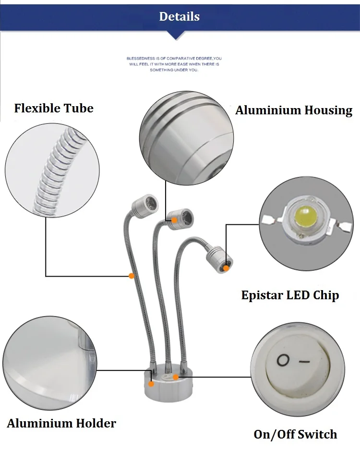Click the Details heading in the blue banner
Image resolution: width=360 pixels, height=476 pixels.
[x=179, y=16]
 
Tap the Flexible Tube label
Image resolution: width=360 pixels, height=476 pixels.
[x=54, y=108]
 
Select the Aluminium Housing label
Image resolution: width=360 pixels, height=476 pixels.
[x=294, y=110]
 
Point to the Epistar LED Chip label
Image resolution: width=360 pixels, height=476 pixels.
[x=290, y=295]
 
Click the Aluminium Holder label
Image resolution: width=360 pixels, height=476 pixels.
[x=61, y=423]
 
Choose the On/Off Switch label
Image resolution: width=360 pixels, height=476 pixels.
[x=295, y=434]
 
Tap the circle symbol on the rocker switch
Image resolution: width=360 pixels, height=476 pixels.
[x=283, y=360]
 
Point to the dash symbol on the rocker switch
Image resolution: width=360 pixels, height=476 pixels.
[x=304, y=362]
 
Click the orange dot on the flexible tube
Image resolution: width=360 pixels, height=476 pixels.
[x=132, y=276]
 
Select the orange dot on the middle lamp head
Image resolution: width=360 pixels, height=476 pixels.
[x=174, y=220]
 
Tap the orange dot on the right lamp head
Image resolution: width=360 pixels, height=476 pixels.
[x=226, y=268]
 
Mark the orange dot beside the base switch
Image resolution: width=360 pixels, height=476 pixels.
[x=176, y=378]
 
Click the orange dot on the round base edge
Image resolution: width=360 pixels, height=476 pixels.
[x=151, y=384]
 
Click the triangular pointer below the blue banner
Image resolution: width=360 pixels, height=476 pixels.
[x=176, y=36]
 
